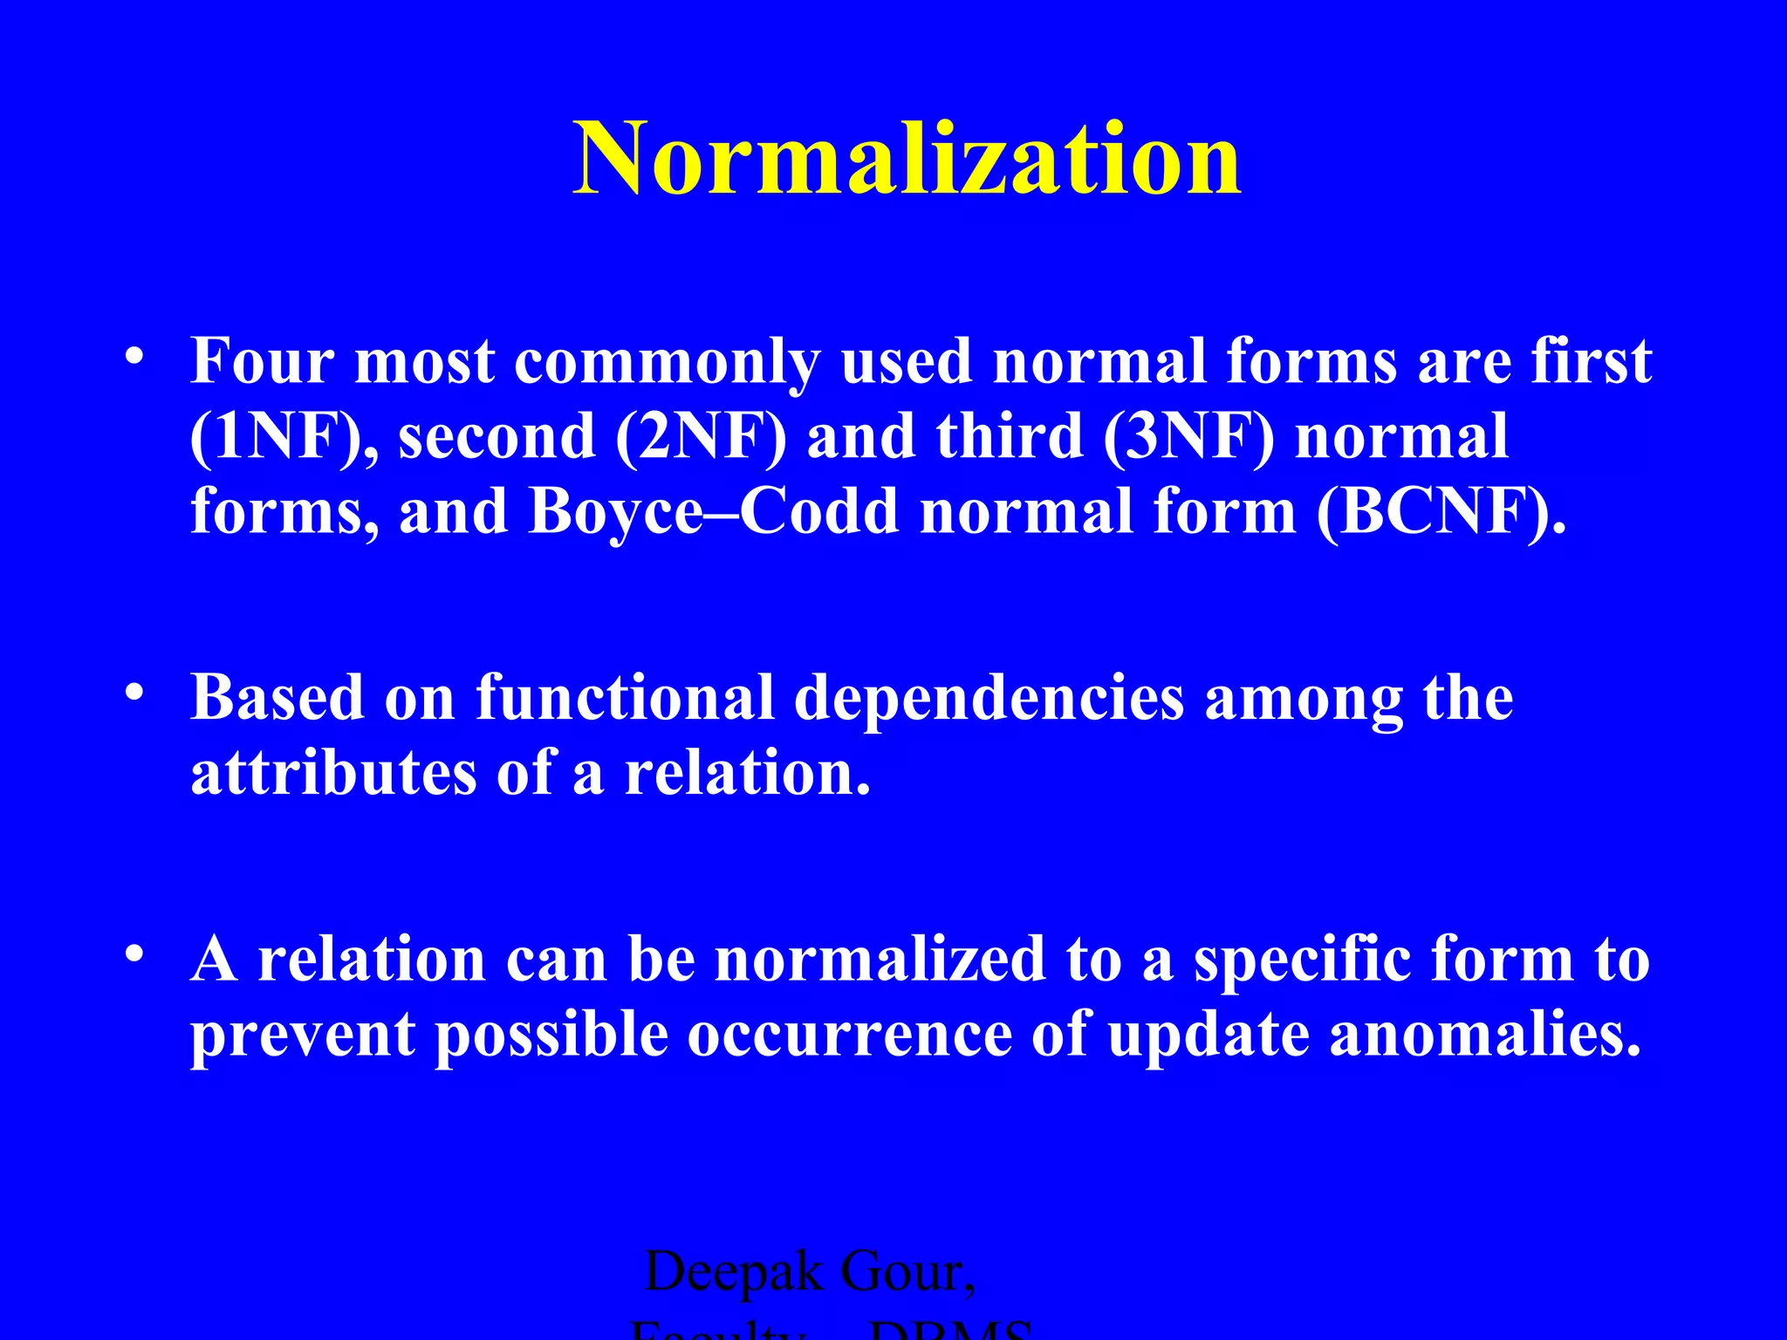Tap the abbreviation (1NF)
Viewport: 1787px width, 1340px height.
pos(281,436)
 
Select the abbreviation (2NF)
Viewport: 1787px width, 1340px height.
pos(700,436)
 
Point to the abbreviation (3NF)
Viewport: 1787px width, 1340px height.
pos(1188,436)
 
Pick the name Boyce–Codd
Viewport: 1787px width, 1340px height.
pos(713,511)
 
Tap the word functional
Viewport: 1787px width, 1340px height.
pos(625,698)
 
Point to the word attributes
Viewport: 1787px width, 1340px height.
pos(333,773)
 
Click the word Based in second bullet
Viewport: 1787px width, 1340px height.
pos(277,698)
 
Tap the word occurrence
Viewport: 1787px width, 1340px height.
pos(849,1035)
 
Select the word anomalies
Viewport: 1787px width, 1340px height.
pos(1485,1035)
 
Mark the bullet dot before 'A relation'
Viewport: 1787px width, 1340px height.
pos(134,954)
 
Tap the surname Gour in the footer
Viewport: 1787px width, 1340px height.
pos(907,1272)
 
